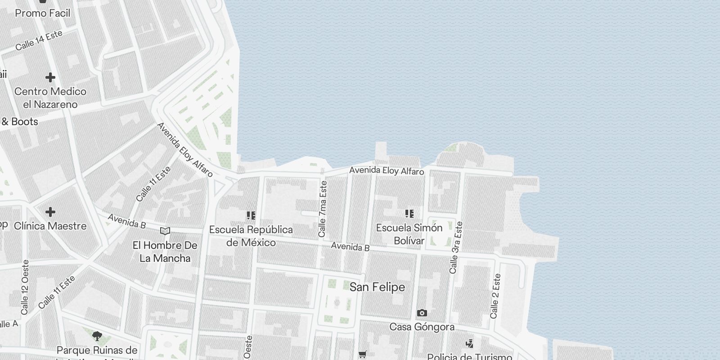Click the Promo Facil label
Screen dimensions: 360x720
tap(43, 13)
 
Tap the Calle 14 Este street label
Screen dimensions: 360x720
tap(38, 40)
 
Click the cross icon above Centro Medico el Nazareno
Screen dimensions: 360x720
tap(50, 77)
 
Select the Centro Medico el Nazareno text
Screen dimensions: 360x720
tap(50, 98)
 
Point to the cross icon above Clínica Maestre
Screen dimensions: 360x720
tap(50, 211)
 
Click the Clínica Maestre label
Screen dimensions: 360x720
tap(50, 225)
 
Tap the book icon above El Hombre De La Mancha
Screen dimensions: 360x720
tap(165, 231)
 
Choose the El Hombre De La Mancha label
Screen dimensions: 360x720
tap(165, 252)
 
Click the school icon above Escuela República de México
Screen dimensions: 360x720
tap(251, 216)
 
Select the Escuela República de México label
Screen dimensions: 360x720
tap(251, 236)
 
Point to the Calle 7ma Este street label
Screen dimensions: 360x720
tap(323, 209)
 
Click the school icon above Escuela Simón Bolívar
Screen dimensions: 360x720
tap(409, 213)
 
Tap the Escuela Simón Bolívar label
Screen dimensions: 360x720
tap(409, 234)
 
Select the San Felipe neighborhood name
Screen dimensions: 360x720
tap(377, 287)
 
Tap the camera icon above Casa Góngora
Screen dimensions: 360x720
tap(422, 313)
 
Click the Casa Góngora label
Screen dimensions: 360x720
tap(422, 327)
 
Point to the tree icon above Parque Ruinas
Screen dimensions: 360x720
tap(97, 336)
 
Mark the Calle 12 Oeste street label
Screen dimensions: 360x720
tap(25, 287)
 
